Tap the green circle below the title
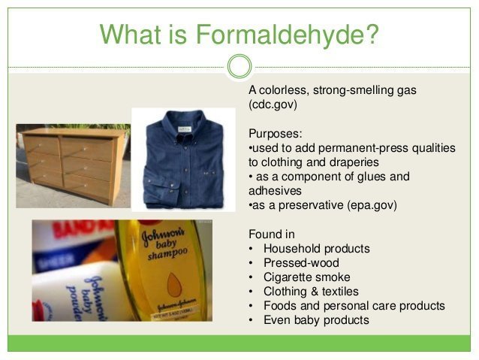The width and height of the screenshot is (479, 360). (239, 67)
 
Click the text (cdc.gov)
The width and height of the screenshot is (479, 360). (273, 104)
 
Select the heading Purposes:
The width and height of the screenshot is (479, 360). (275, 134)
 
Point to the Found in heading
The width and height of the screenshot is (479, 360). (271, 234)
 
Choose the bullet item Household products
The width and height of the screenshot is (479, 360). (316, 248)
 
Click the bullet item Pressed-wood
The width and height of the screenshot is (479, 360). (301, 262)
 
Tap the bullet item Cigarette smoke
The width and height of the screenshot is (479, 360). (306, 277)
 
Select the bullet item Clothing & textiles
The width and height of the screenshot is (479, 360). (311, 291)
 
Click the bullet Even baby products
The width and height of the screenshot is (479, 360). (316, 319)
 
